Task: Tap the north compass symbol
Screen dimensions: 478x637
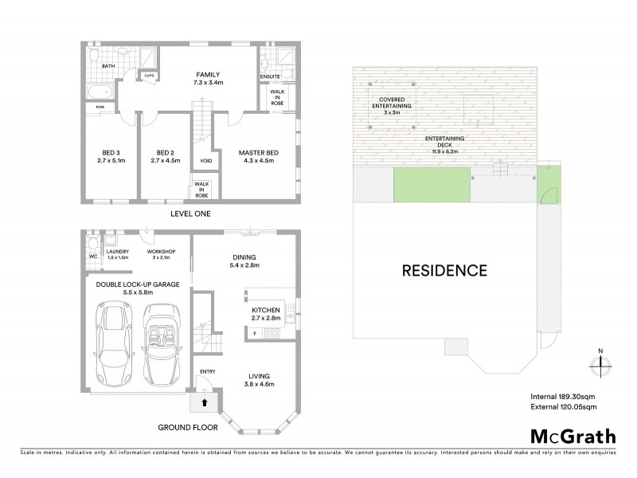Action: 600,364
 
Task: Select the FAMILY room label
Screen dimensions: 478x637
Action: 207,77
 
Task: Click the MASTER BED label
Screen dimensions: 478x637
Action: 256,155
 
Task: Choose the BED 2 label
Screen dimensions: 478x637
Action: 165,155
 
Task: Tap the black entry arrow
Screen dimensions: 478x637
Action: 204,403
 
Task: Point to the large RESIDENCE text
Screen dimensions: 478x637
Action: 444,270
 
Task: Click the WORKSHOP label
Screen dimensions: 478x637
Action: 162,253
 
